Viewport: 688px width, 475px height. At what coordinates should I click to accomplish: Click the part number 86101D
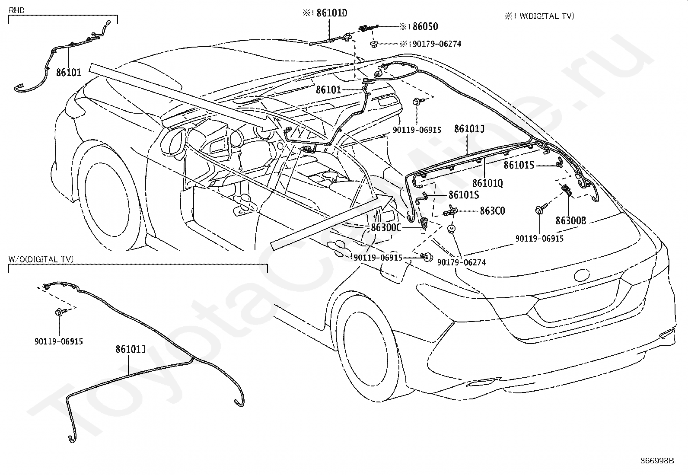coord(332,13)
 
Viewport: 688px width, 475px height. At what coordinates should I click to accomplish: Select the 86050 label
coord(425,27)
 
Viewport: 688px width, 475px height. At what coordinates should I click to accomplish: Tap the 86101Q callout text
coord(487,183)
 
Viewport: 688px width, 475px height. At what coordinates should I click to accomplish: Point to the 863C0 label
coord(492,211)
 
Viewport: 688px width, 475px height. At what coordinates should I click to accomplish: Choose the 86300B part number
coord(571,220)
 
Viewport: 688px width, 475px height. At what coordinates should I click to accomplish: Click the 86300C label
coord(386,228)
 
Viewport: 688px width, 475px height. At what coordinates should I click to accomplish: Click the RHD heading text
coord(16,10)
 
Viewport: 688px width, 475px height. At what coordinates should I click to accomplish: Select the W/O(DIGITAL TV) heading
coord(41,259)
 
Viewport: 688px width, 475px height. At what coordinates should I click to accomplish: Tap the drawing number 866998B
coord(657,461)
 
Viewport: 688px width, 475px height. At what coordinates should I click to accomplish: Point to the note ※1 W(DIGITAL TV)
coord(539,16)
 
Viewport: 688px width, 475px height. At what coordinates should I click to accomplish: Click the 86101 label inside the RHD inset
coord(68,73)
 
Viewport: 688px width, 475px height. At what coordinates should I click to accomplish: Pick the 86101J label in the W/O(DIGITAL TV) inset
coord(130,349)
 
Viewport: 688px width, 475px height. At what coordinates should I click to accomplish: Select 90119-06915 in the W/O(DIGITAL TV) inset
coord(59,341)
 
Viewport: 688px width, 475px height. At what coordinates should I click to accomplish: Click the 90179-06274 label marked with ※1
coord(430,44)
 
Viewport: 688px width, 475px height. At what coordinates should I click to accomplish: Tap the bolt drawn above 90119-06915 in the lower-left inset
coord(59,312)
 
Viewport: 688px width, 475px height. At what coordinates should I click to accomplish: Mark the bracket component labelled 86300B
coord(567,190)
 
